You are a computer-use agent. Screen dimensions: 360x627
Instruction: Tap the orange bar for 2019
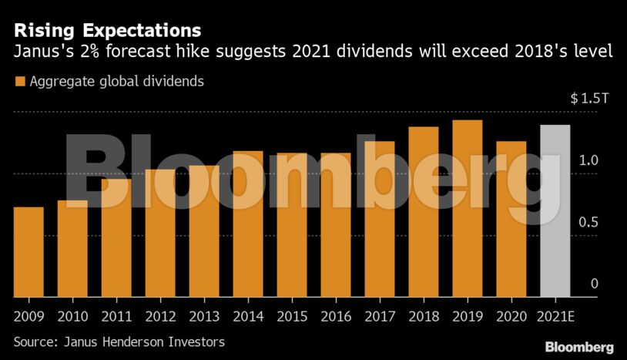[467, 208]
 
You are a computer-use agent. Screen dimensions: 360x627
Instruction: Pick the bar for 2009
[28, 251]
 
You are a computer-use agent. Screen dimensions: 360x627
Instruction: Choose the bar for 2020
[511, 219]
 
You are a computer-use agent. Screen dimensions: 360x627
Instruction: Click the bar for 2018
[423, 211]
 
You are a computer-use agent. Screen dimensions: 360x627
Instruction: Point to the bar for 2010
[72, 248]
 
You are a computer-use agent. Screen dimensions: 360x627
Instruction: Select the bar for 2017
[379, 219]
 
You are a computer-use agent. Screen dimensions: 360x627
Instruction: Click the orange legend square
[20, 82]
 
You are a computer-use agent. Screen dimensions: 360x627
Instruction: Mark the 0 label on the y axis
[594, 284]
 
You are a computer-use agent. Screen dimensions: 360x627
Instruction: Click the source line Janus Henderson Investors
[119, 340]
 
